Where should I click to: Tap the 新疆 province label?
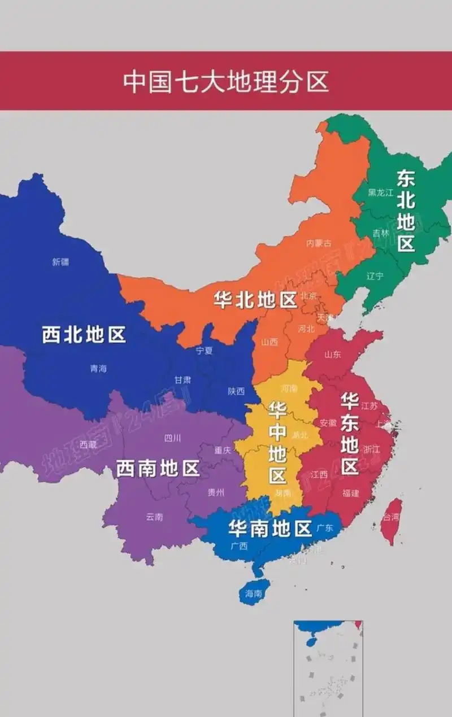pos(60,262)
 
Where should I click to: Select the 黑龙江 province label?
pos(380,193)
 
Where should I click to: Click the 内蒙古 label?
pos(319,243)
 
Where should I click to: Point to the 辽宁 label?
pos(375,276)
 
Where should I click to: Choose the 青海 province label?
pos(98,369)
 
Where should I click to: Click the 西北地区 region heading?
pos(84,335)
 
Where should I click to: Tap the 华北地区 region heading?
pos(255,300)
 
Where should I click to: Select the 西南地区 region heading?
pos(158,468)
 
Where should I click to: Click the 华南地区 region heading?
pos(270,529)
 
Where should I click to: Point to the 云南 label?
pos(154,517)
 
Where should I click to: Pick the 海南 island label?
pos(254,594)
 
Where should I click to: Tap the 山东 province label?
pos(332,355)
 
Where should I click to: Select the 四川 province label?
pos(172,438)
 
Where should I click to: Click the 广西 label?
pos(239,546)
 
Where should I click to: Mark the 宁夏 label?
pos(204,351)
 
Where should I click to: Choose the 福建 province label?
pos(350,493)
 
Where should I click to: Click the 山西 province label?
pos(270,342)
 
